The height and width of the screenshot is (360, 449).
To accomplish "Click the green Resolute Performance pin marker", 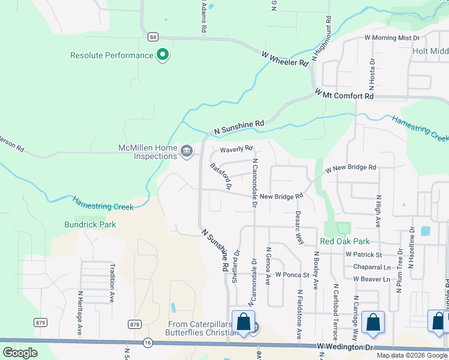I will coord(162,56).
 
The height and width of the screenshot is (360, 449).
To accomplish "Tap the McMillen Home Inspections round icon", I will coord(187,150).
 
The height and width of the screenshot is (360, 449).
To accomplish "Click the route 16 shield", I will coord(148,341).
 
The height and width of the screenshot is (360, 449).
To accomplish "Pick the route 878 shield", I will coord(135,324).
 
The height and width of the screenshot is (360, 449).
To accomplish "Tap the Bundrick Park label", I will coord(90,224).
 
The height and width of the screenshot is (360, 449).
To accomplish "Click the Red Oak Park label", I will coord(345,241).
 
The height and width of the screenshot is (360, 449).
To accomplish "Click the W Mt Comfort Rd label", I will coord(345,95).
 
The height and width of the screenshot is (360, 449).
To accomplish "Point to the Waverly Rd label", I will coord(237,149).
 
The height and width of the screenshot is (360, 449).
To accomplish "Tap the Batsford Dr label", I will coord(220,176).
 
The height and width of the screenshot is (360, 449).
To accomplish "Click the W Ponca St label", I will coord(292,275).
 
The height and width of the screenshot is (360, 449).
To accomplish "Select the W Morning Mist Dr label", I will coord(392,38).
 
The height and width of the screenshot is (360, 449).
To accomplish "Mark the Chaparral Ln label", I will coord(372,267).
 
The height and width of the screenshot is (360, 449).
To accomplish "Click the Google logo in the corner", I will coord(20,353).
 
